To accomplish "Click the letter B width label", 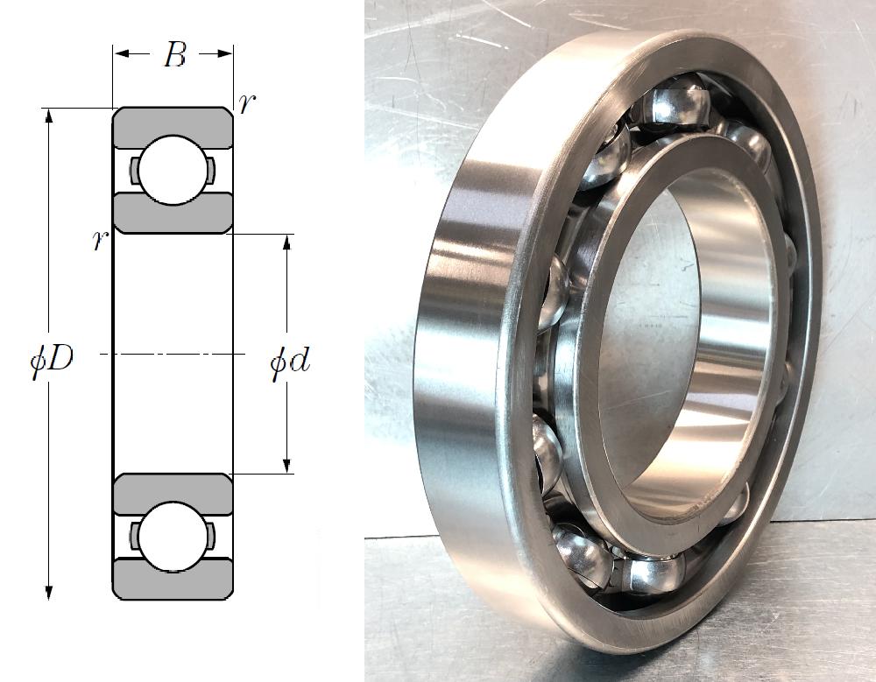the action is tap(175, 55).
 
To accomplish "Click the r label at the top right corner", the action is tap(247, 104).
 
